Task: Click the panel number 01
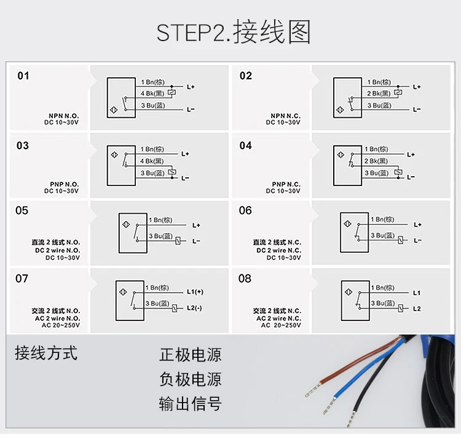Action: pyautogui.click(x=23, y=76)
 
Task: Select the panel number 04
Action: pyautogui.click(x=245, y=146)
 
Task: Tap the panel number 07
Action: pyautogui.click(x=22, y=279)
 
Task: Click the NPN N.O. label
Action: pyautogui.click(x=64, y=115)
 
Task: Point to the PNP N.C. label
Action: pyautogui.click(x=286, y=184)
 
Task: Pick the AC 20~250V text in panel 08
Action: pyautogui.click(x=281, y=325)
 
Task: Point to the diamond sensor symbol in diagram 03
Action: pyautogui.click(x=113, y=153)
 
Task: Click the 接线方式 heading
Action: pyautogui.click(x=46, y=354)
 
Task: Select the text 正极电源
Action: pyautogui.click(x=190, y=355)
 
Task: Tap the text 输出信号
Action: pyautogui.click(x=190, y=403)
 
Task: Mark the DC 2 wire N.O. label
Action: pyautogui.click(x=57, y=250)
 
